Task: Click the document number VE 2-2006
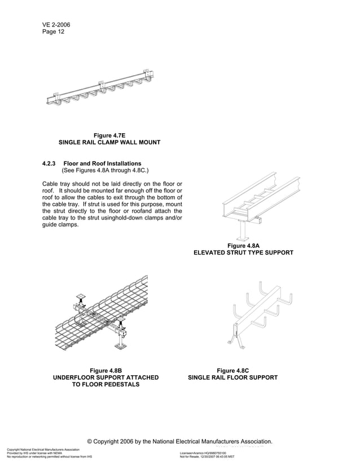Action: [x=56, y=25]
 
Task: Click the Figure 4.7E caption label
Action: [x=109, y=135]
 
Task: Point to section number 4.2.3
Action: [x=49, y=164]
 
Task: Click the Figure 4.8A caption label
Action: [x=243, y=245]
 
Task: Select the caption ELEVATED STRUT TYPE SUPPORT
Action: [x=243, y=253]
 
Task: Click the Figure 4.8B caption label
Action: [x=106, y=370]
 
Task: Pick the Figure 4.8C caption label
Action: [x=233, y=370]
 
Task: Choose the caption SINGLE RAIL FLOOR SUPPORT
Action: [x=233, y=377]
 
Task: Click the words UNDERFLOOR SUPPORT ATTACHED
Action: [x=106, y=377]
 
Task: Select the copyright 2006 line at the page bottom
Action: [x=180, y=441]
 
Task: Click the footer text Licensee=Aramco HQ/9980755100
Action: [x=203, y=452]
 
